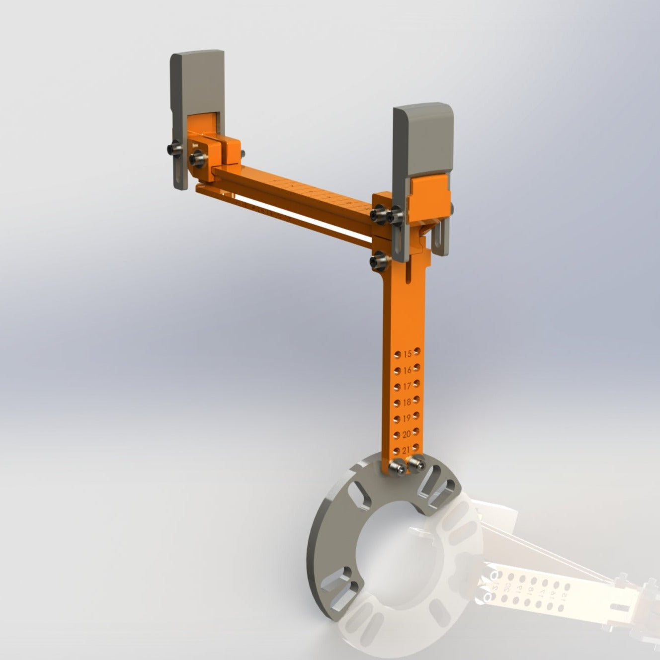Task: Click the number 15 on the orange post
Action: click(408, 354)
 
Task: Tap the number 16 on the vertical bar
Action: click(408, 370)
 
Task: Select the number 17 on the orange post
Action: click(408, 386)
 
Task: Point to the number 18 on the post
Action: click(407, 402)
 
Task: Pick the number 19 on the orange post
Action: click(407, 418)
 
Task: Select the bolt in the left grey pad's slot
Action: click(175, 148)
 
